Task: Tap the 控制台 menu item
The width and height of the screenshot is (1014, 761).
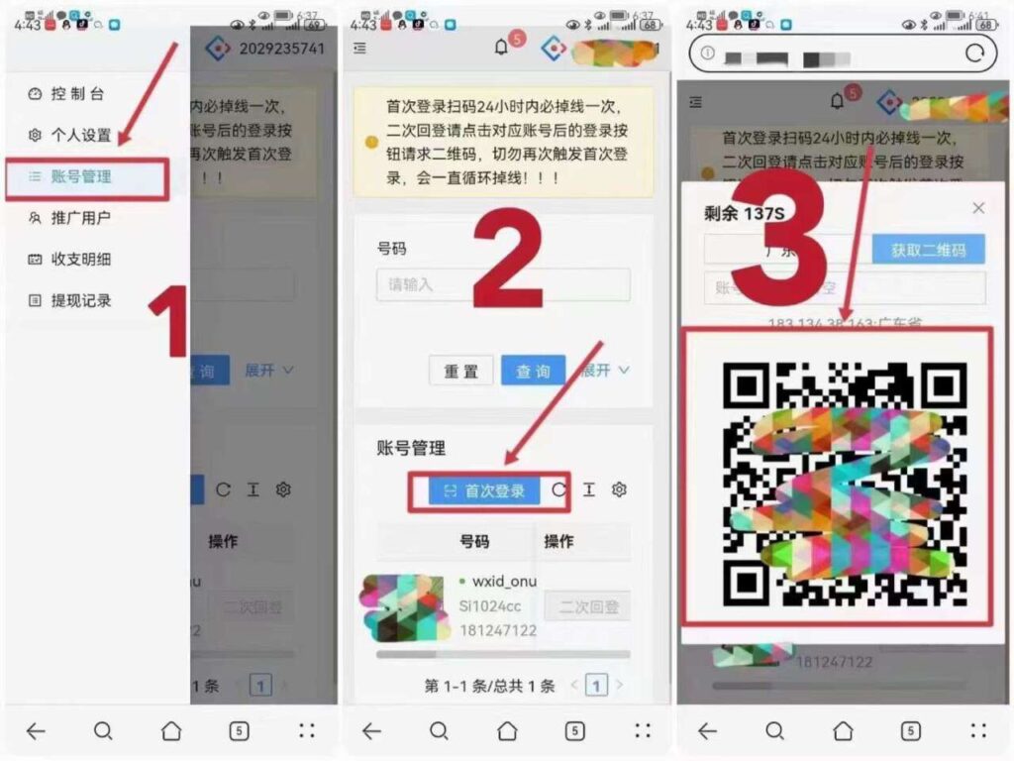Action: [76, 94]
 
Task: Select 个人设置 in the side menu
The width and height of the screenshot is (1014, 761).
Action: [80, 135]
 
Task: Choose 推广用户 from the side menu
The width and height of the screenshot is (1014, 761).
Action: [80, 218]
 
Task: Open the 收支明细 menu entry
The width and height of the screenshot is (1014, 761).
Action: [80, 260]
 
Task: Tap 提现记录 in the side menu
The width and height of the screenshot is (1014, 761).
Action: [80, 300]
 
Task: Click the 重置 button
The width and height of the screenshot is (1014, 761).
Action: [460, 371]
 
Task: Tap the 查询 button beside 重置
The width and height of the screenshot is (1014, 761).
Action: [533, 371]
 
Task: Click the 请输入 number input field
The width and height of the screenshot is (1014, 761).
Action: [503, 284]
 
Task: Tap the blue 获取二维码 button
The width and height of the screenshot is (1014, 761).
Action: [928, 250]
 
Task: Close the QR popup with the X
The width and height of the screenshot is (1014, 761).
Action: [978, 208]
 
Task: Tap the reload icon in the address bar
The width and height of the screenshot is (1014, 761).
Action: [974, 53]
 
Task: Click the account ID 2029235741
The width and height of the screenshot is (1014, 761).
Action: [281, 48]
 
